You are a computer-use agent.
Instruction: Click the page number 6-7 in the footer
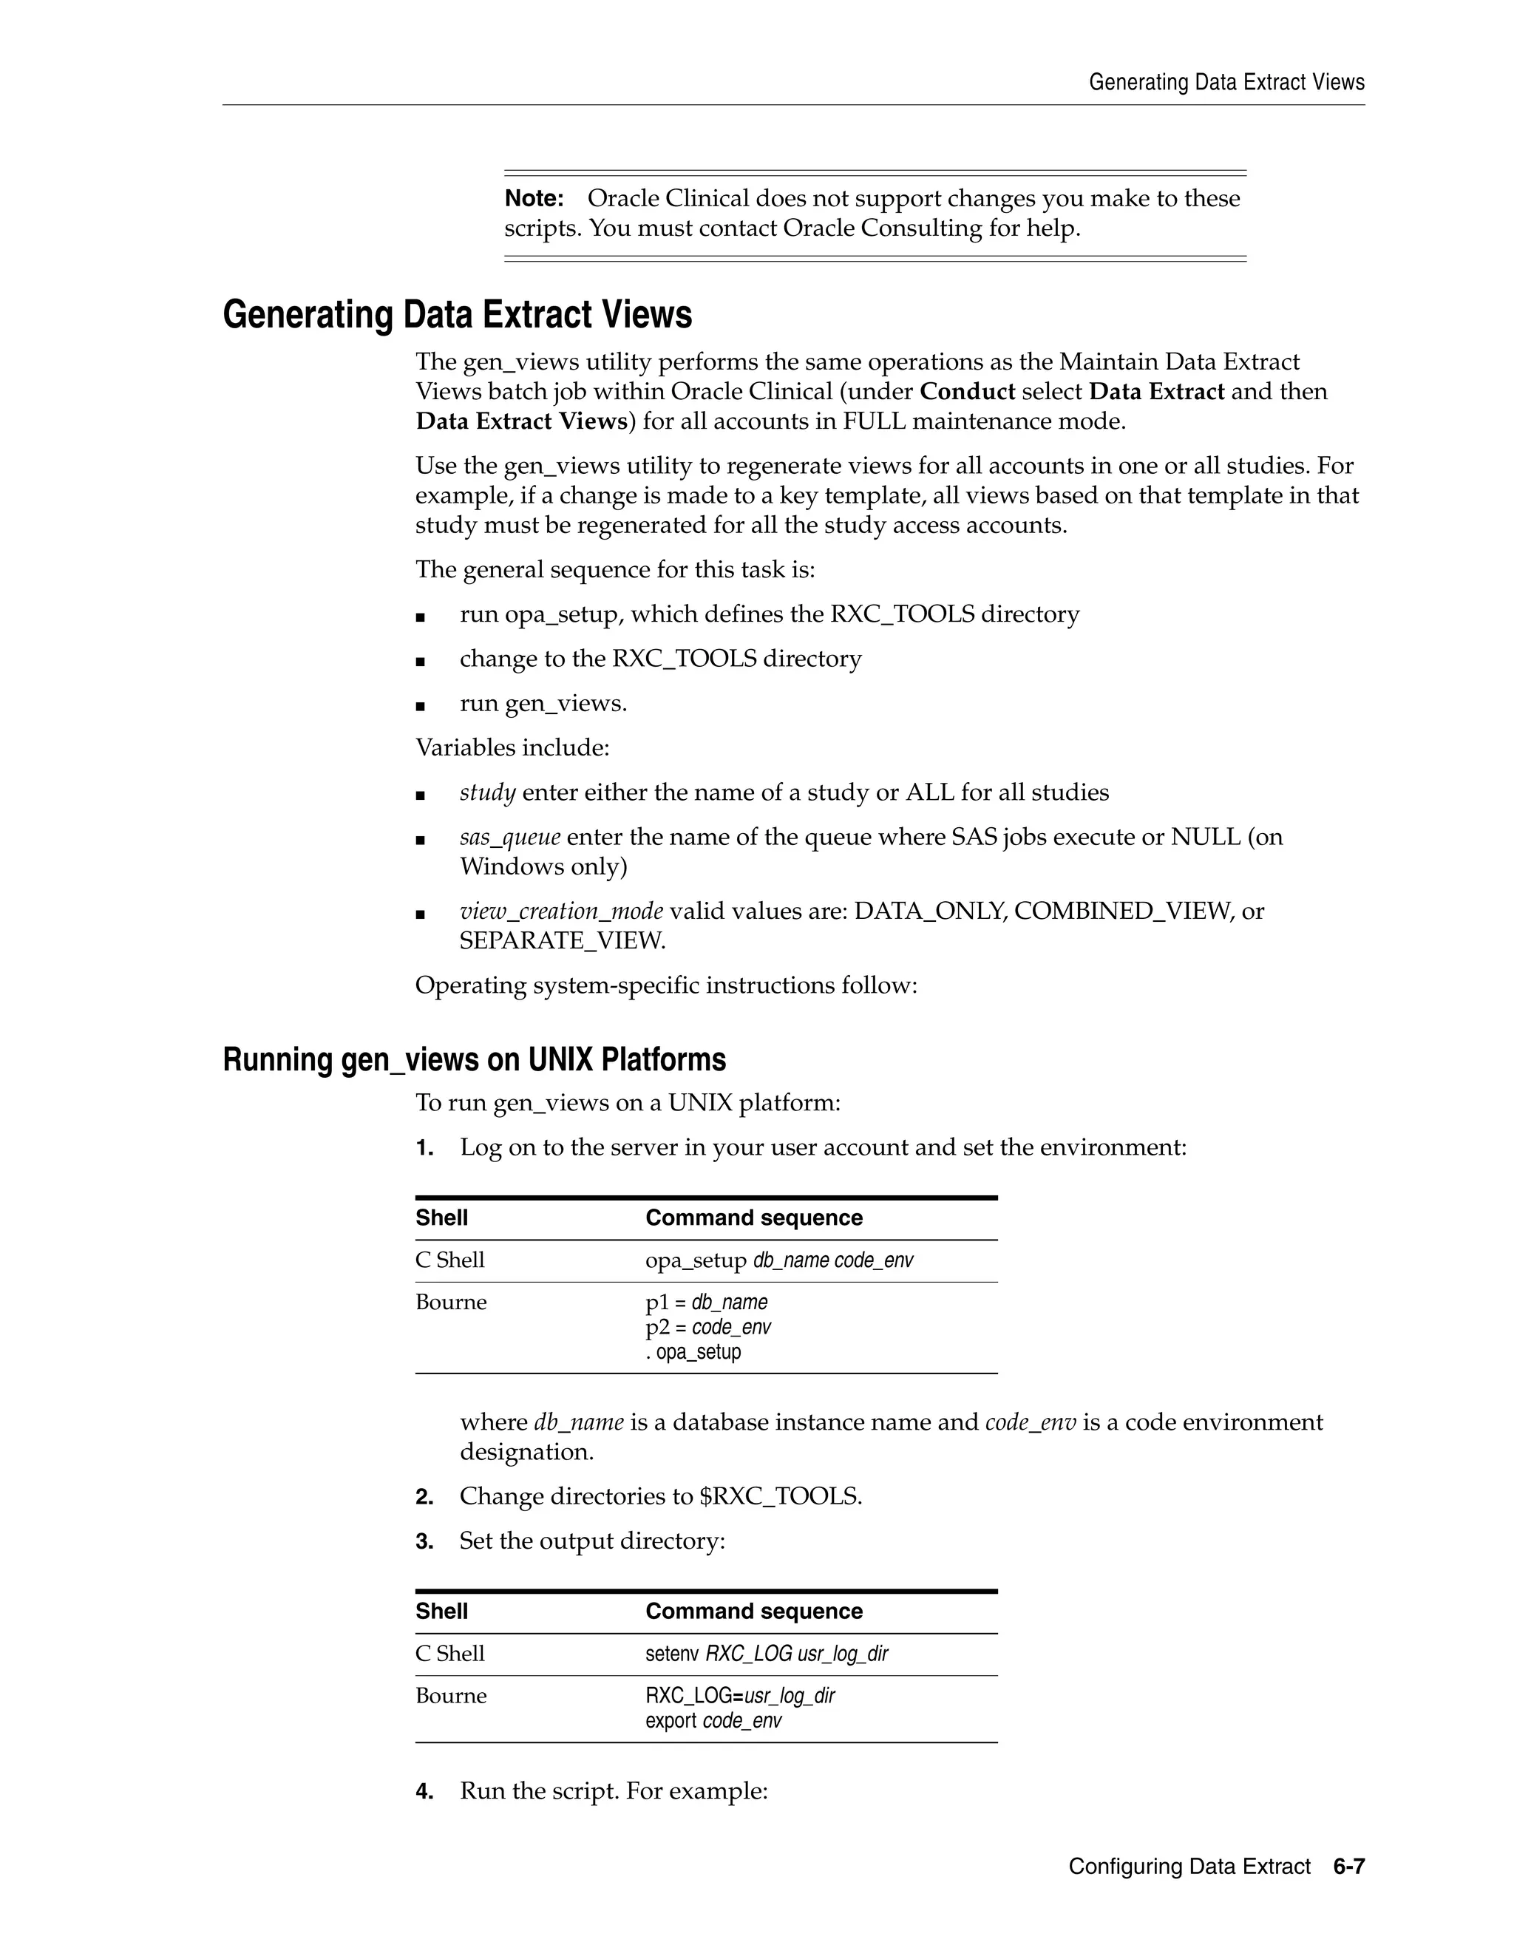click(1348, 1867)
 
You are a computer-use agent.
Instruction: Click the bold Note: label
click(534, 198)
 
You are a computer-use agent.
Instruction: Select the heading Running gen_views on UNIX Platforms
click(474, 1059)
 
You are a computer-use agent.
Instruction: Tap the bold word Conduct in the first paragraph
click(967, 392)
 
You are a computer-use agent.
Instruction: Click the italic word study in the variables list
click(487, 793)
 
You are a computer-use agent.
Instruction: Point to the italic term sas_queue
click(509, 838)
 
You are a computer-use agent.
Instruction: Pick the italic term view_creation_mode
click(560, 911)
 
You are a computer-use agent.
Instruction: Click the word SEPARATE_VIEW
click(562, 941)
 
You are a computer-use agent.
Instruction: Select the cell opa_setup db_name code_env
click(778, 1260)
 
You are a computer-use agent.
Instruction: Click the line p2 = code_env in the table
click(707, 1327)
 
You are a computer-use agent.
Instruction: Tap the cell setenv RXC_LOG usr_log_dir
click(766, 1654)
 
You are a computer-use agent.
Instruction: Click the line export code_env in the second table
click(713, 1720)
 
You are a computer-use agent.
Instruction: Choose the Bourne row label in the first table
click(450, 1303)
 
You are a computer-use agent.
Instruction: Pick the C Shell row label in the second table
click(449, 1654)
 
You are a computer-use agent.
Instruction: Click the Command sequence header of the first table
click(753, 1218)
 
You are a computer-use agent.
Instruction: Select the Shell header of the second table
click(441, 1612)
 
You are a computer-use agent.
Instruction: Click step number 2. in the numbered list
click(424, 1497)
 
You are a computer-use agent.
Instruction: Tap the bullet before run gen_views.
click(420, 706)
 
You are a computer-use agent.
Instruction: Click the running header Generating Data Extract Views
click(1226, 83)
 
